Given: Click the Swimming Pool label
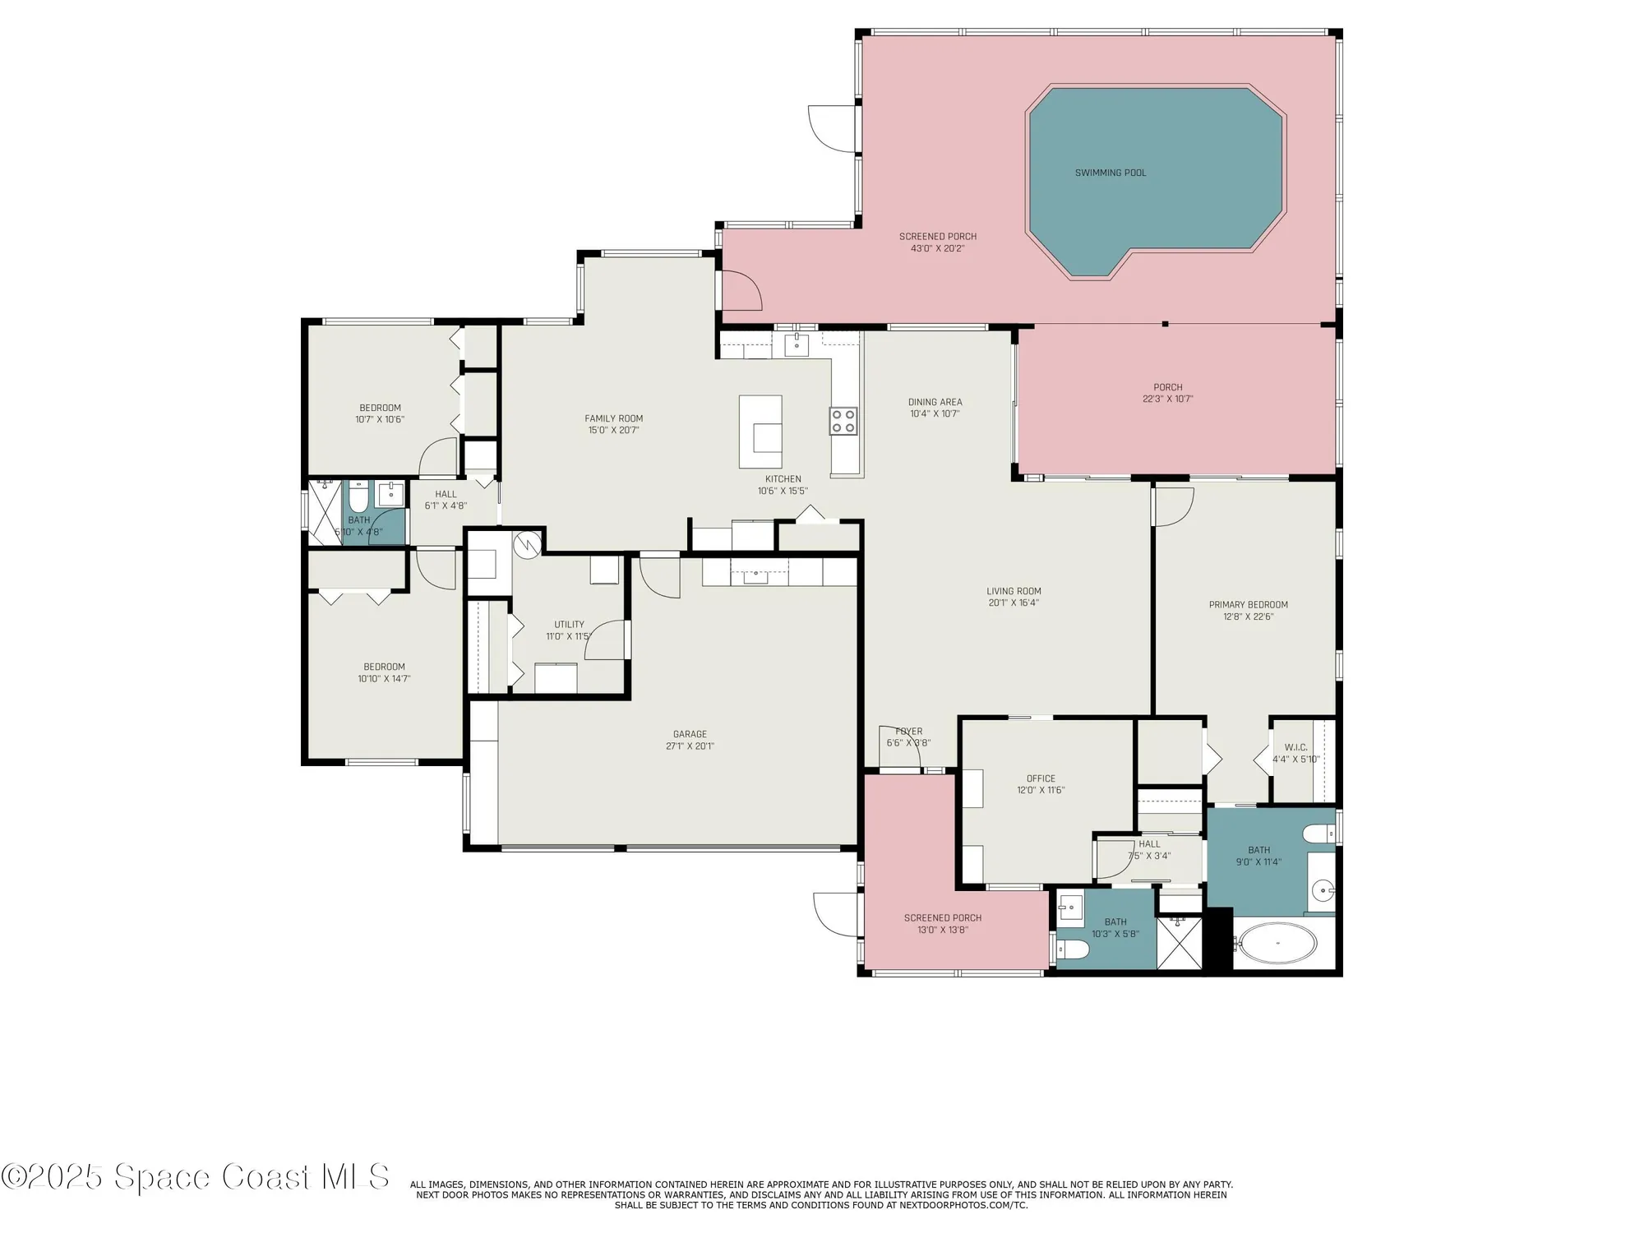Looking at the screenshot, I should point(1110,173).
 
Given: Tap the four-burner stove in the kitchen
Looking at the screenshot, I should point(843,422).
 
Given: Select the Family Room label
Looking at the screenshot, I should point(613,418).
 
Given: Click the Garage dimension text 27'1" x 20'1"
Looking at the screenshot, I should point(690,746).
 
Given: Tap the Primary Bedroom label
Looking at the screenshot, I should point(1248,605).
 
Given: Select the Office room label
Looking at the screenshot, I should point(1040,778).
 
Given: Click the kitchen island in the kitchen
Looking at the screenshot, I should point(760,432).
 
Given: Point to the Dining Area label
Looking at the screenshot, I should point(935,402).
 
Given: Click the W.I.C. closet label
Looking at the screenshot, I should point(1295,747).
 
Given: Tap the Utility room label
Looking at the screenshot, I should point(569,625).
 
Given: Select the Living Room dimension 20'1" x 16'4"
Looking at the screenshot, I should point(1014,603).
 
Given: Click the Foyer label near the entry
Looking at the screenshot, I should point(908,732).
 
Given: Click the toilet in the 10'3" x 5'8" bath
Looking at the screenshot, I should point(1073,951).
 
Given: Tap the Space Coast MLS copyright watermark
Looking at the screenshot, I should point(195,1176).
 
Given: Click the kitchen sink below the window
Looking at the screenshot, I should point(797,345).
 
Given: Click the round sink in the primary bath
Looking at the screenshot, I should point(1322,889).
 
